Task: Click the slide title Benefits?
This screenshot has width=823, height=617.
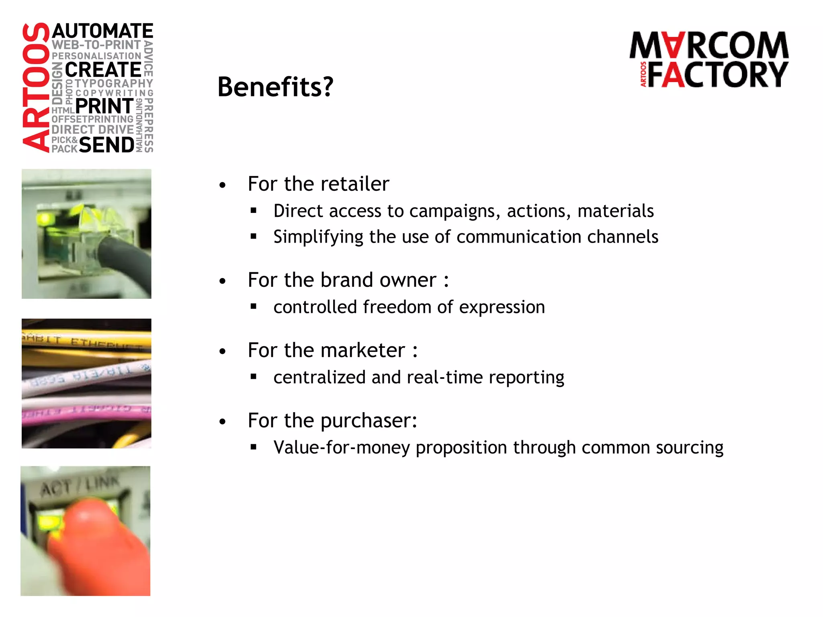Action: tap(275, 87)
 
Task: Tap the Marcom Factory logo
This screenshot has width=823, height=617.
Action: tap(709, 59)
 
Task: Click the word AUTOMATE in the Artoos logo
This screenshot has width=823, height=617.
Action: tap(103, 31)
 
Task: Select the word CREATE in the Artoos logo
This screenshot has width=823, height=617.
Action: tap(103, 70)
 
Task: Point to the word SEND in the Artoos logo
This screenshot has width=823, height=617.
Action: tap(106, 145)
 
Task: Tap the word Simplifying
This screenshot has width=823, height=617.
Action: tap(318, 237)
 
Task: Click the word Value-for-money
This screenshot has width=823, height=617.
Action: tap(342, 447)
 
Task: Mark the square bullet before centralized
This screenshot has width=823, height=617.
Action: tap(253, 377)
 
